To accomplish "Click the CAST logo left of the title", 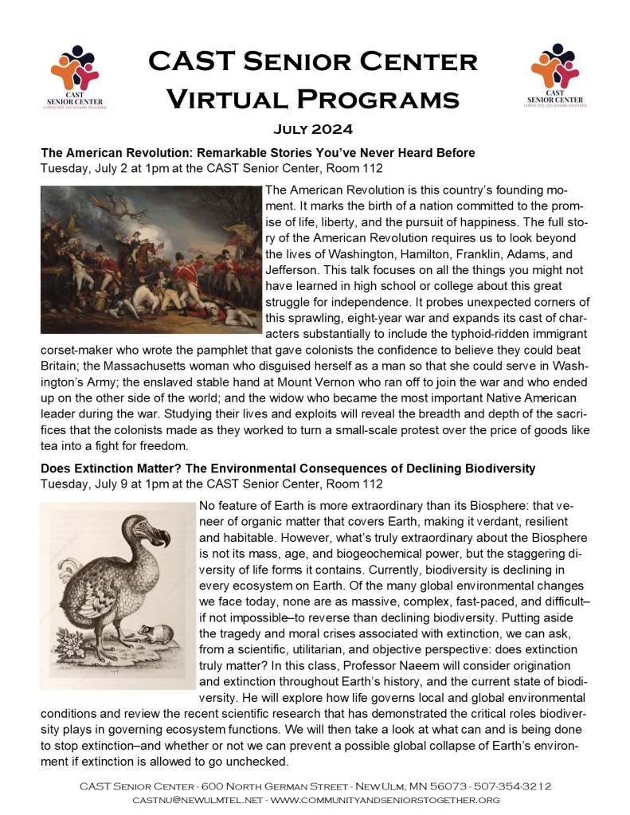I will [x=78, y=76].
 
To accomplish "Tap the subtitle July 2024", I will [x=314, y=129].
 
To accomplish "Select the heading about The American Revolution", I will [x=257, y=152].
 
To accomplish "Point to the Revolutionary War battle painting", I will [x=151, y=249].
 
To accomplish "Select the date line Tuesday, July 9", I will [x=211, y=484].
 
